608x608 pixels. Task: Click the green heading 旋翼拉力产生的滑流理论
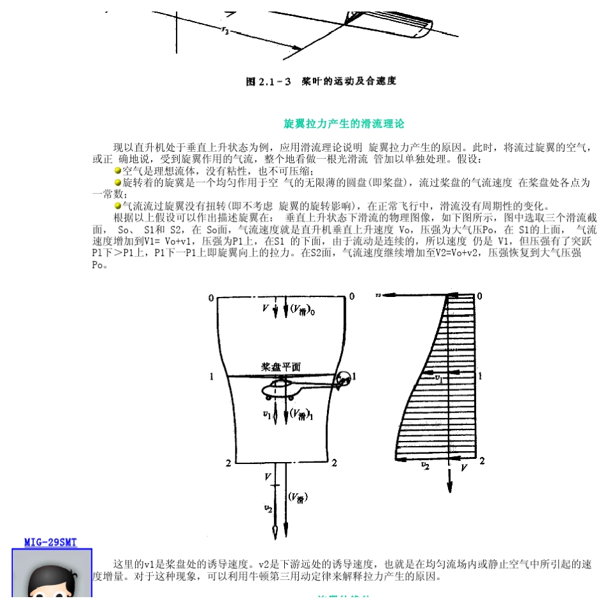[x=344, y=124]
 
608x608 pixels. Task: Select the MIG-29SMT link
[x=51, y=542]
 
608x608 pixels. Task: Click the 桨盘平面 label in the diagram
[x=280, y=368]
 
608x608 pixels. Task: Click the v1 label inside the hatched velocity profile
[x=438, y=378]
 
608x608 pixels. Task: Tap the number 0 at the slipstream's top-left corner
[x=211, y=298]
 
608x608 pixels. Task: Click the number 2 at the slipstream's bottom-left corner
[x=228, y=462]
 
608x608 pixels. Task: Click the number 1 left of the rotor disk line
[x=211, y=377]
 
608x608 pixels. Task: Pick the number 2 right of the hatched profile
[x=482, y=461]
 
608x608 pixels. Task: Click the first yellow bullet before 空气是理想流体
[x=118, y=170]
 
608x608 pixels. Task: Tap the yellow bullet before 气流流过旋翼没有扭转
[x=118, y=205]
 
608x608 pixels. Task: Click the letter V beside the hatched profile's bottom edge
[x=464, y=468]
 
